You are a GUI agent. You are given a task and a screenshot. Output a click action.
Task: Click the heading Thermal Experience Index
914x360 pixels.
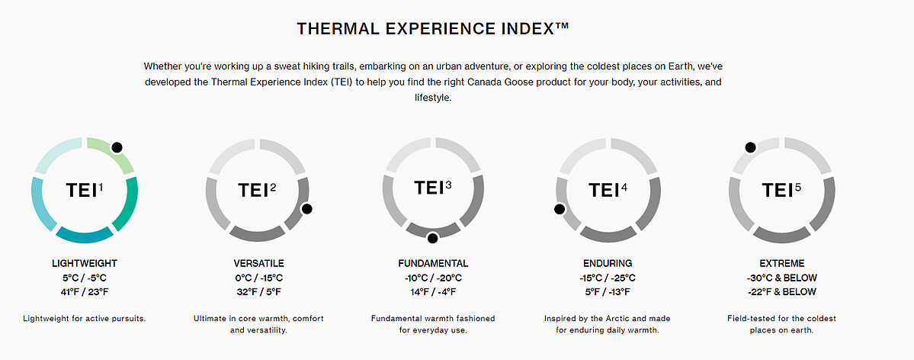(432, 28)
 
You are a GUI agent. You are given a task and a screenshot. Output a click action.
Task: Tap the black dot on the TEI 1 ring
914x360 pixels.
(117, 148)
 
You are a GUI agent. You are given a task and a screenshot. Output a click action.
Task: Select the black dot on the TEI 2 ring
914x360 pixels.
(306, 208)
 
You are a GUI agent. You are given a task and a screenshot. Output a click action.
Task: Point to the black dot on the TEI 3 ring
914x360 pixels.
(432, 237)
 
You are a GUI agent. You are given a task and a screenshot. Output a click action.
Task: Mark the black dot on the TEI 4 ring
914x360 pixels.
(560, 208)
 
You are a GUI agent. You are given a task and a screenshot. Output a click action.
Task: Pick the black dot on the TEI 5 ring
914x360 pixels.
(750, 148)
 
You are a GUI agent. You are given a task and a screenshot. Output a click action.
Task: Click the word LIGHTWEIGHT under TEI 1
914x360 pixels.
(84, 264)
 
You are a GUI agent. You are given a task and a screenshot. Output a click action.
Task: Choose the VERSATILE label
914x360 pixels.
(259, 264)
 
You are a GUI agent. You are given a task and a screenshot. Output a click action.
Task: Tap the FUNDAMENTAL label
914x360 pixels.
(433, 264)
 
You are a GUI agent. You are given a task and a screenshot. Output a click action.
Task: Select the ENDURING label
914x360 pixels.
(608, 264)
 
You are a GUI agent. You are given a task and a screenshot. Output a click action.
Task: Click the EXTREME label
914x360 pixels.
(781, 264)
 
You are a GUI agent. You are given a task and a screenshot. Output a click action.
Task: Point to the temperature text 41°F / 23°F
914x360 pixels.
(84, 291)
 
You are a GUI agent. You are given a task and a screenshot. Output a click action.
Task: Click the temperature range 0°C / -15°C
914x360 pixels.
(259, 278)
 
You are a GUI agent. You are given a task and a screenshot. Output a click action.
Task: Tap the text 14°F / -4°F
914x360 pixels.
(433, 291)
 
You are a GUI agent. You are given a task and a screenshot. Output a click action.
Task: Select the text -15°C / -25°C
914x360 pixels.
(608, 278)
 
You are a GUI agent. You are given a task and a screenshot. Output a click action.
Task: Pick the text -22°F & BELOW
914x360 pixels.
(781, 291)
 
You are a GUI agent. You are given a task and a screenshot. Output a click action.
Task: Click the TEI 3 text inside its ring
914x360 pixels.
(432, 188)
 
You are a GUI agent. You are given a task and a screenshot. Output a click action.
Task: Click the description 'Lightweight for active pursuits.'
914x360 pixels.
(84, 319)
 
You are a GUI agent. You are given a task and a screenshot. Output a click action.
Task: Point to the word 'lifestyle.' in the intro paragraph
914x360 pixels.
(433, 98)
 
